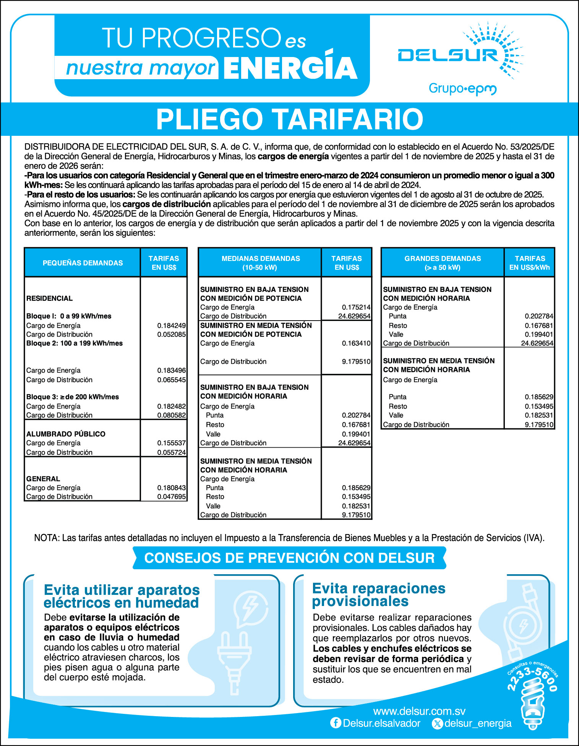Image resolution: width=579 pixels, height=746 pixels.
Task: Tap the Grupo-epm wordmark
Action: point(462,89)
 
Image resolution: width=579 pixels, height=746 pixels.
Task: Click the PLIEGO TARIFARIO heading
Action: point(289,119)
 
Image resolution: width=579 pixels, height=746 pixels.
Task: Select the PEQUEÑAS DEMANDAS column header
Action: point(83,263)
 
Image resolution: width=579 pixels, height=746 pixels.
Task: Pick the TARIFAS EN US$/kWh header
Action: point(529,263)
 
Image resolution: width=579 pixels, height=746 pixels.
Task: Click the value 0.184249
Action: point(171,326)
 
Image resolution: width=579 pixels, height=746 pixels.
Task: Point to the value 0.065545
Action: point(171,380)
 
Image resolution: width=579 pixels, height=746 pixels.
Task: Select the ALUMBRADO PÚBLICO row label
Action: point(66,434)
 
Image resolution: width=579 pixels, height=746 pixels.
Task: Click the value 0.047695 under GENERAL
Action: point(171,497)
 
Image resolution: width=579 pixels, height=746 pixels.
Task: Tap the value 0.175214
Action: point(356,307)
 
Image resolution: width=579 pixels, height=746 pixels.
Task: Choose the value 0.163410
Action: point(356,343)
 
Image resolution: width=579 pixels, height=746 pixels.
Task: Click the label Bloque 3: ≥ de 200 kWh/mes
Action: point(73,397)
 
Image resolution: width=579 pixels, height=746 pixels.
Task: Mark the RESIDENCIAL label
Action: point(49,298)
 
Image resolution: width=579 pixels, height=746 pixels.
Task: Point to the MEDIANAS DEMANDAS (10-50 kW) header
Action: point(260,263)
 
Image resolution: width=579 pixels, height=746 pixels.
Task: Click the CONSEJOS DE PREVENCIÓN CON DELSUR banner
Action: point(289,558)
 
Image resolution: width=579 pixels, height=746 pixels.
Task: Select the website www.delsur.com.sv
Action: point(419,711)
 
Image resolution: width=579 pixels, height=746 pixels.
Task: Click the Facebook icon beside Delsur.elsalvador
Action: point(336,723)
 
